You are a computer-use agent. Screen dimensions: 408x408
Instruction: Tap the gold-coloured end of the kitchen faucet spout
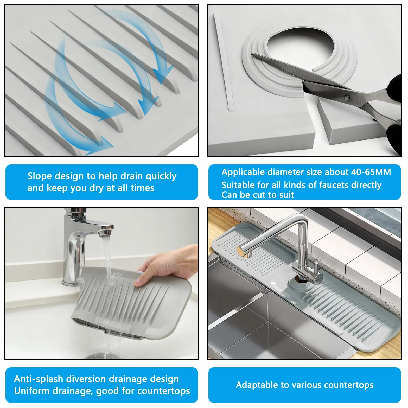(241, 251)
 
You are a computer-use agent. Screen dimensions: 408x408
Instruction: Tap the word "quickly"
(161, 176)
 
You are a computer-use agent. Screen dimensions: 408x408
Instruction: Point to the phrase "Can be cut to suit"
(258, 195)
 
